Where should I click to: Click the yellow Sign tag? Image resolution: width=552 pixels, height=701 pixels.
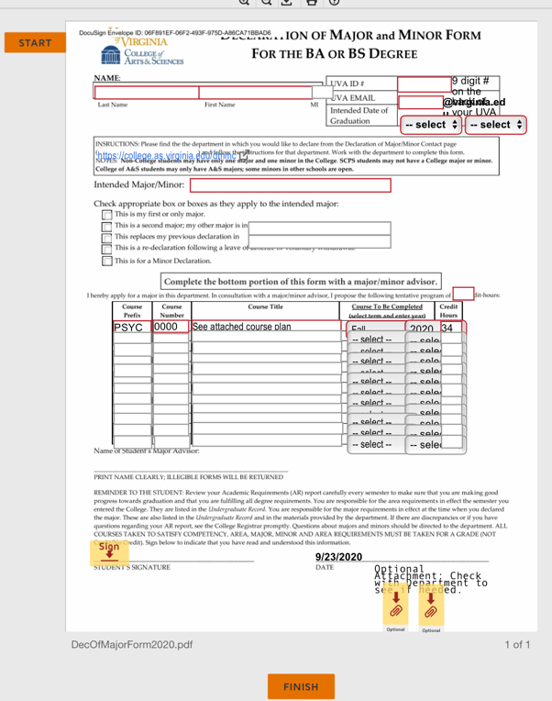109,549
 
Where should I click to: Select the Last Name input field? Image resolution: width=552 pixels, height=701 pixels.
147,93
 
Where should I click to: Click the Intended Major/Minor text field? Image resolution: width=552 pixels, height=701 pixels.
290,185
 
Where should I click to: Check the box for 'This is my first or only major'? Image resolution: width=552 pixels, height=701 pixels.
106,214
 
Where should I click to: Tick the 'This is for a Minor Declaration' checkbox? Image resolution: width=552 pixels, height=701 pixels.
106,261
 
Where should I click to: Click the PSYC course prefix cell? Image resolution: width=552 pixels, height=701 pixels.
132,327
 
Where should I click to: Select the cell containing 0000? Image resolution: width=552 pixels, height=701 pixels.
171,327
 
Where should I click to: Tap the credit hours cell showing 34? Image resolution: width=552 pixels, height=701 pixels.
449,328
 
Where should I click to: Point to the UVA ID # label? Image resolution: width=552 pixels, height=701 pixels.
347,84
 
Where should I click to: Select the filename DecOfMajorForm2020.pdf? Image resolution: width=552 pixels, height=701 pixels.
132,645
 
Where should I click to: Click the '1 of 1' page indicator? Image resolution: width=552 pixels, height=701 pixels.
517,645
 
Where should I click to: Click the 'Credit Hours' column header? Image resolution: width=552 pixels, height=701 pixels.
448,310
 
